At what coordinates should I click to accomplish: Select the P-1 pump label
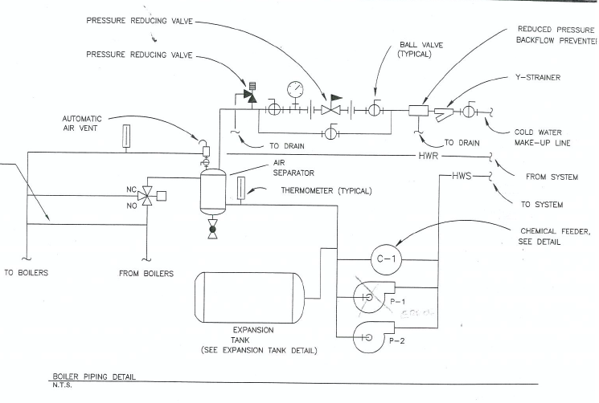pyautogui.click(x=396, y=302)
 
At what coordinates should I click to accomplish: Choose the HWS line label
pyautogui.click(x=462, y=175)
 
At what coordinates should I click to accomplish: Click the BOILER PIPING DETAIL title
pyautogui.click(x=95, y=376)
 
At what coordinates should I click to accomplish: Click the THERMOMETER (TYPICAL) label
pyautogui.click(x=321, y=191)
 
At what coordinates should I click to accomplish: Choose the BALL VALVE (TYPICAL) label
pyautogui.click(x=421, y=50)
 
